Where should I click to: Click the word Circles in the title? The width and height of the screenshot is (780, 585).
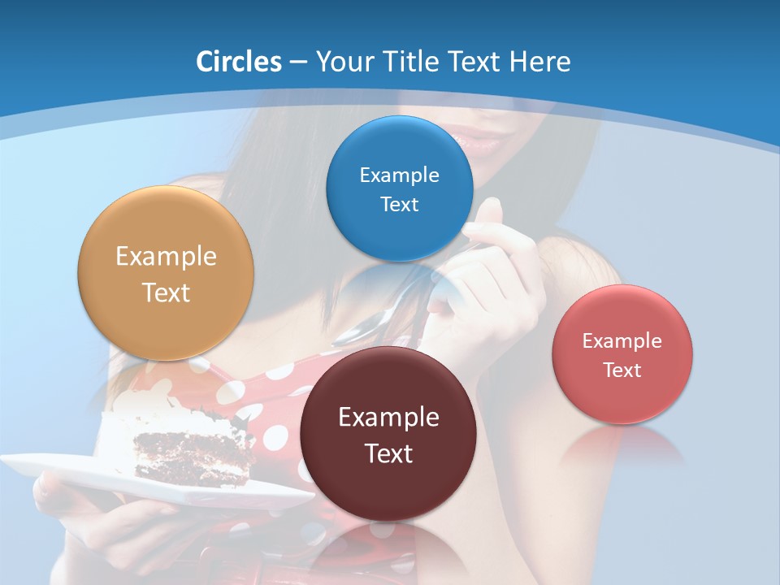[238, 61]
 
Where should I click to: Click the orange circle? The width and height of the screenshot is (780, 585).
[166, 273]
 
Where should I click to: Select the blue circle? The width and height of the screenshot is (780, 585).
[399, 188]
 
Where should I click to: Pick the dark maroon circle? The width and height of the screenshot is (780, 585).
[388, 433]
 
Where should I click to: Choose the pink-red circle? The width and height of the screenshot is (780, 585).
[622, 354]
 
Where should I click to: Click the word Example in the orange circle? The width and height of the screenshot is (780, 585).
[166, 256]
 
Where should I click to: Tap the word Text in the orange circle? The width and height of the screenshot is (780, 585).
[166, 292]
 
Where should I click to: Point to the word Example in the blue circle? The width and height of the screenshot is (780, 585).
[399, 175]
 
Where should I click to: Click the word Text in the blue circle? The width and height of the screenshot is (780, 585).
[399, 204]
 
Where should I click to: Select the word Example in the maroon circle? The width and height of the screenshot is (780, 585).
[388, 417]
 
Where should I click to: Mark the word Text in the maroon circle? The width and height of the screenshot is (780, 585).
[388, 453]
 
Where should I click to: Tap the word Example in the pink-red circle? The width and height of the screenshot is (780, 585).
[622, 340]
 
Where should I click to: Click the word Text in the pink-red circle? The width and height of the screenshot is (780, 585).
[622, 370]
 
